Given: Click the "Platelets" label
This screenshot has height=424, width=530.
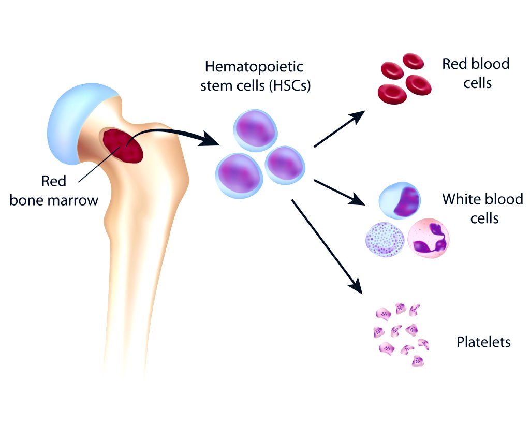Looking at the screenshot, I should tap(483, 342).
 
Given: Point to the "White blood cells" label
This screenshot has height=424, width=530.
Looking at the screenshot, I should tap(482, 209).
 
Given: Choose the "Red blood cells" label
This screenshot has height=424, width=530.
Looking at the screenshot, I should tap(476, 73).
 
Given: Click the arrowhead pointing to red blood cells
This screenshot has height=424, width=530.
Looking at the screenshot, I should tap(357, 116).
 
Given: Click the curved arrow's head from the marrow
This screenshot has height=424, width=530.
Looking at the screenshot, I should tap(212, 139).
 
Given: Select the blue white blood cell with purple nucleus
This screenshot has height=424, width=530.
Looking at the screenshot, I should tap(399, 201).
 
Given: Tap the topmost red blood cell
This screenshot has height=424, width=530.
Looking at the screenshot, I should tap(414, 62).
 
